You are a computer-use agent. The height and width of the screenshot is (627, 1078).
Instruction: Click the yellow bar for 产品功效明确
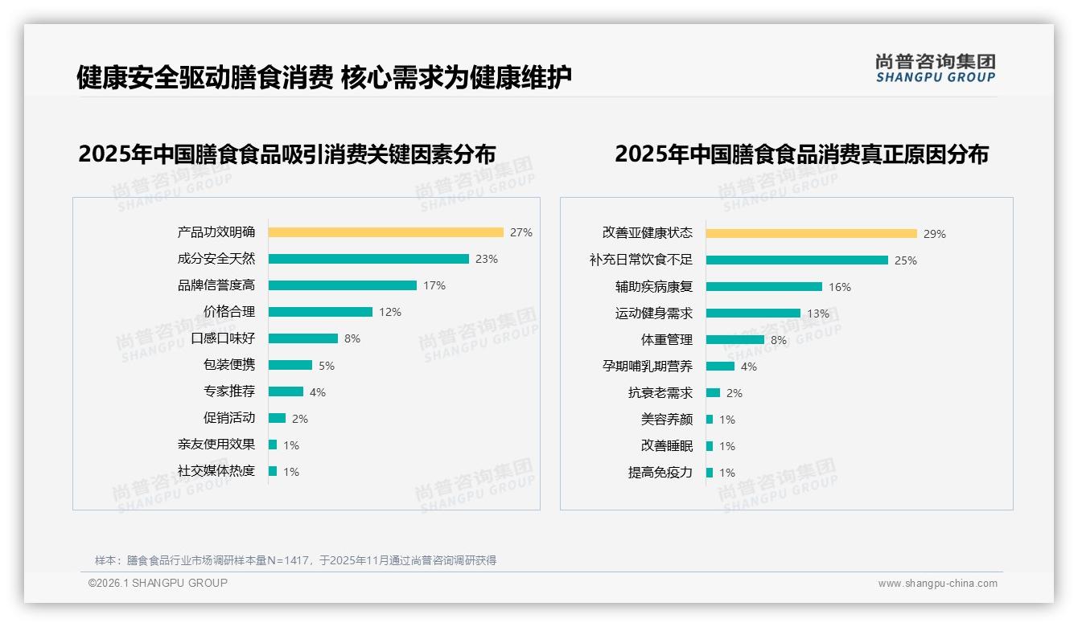[385, 232]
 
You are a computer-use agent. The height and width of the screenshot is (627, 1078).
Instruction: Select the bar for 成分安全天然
[368, 259]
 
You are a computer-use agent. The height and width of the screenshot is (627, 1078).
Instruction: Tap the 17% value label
[434, 285]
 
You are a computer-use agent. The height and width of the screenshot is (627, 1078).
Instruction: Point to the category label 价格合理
[229, 312]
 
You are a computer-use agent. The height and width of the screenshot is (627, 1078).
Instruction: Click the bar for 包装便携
[290, 365]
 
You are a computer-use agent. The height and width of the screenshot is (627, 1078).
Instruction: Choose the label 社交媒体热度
[216, 471]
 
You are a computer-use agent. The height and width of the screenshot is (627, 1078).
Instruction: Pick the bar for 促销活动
[278, 418]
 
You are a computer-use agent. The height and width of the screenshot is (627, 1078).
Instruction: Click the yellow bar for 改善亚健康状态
[811, 234]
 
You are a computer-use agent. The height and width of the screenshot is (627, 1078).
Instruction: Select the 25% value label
[906, 260]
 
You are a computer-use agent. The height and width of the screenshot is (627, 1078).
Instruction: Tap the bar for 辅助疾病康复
[764, 287]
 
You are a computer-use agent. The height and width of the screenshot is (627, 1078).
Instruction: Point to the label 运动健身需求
[654, 313]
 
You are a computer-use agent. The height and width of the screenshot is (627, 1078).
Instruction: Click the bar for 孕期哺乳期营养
[721, 367]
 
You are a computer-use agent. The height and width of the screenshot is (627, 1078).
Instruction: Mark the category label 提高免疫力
[660, 473]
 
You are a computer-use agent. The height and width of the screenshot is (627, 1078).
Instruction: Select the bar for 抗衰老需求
[714, 393]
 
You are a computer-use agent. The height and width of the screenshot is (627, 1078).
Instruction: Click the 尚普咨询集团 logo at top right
[935, 68]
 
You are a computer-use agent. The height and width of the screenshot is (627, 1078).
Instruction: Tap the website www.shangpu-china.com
[937, 584]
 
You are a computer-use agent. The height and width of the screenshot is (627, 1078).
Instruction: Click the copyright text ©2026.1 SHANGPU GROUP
[158, 583]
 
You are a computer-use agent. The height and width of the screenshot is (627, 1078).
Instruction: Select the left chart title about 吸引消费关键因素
[286, 154]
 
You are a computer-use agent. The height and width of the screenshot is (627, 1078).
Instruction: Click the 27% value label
[521, 233]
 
